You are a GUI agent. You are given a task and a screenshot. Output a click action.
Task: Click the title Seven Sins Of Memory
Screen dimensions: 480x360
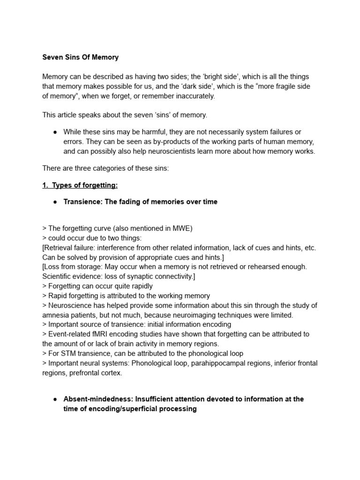click(x=80, y=57)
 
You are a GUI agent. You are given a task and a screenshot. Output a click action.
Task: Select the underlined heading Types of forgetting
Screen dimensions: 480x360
click(x=84, y=185)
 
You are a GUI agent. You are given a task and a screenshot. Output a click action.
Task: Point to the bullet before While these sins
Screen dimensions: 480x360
click(x=55, y=132)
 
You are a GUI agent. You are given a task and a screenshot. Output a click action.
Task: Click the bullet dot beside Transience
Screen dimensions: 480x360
click(x=55, y=202)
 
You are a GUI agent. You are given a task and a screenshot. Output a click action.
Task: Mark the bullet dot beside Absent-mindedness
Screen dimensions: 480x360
click(x=55, y=399)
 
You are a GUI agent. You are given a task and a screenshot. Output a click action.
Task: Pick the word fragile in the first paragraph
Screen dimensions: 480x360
click(x=282, y=86)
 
